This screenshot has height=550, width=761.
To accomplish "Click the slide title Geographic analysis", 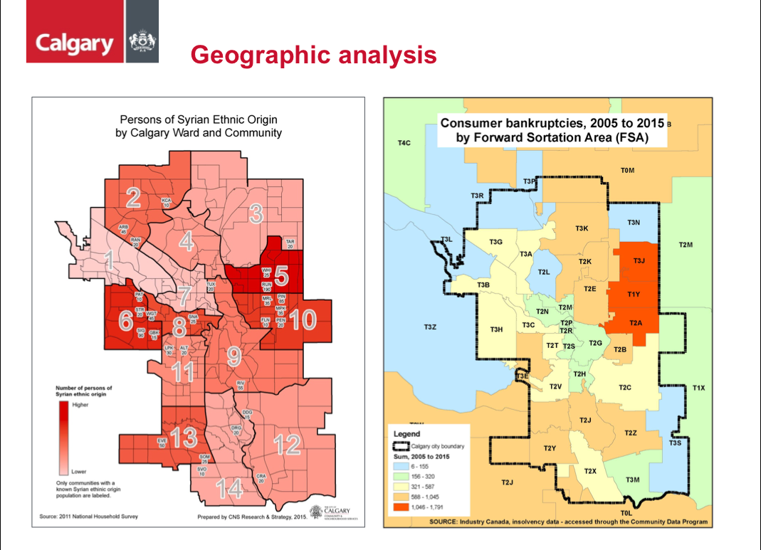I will pos(313,55).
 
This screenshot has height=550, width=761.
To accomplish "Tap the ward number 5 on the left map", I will pos(282,274).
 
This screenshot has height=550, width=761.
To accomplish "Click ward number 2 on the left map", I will pos(132,197).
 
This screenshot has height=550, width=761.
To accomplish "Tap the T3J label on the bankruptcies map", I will pos(639,260).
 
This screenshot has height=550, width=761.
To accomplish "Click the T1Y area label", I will pos(634,294).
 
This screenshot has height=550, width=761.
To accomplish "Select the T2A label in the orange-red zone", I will pos(636,323).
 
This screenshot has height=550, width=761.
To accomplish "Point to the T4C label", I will pos(404,143).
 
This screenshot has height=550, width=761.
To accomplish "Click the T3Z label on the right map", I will pos(429,327).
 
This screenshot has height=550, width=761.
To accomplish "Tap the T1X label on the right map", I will pos(698,388).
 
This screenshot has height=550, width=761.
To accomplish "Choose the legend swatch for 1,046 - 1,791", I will pos(400,507).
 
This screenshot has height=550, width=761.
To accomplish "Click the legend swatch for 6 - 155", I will pos(400,467).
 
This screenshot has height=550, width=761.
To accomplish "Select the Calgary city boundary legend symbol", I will pos(400,446).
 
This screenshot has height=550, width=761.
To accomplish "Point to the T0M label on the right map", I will pos(627,170).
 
